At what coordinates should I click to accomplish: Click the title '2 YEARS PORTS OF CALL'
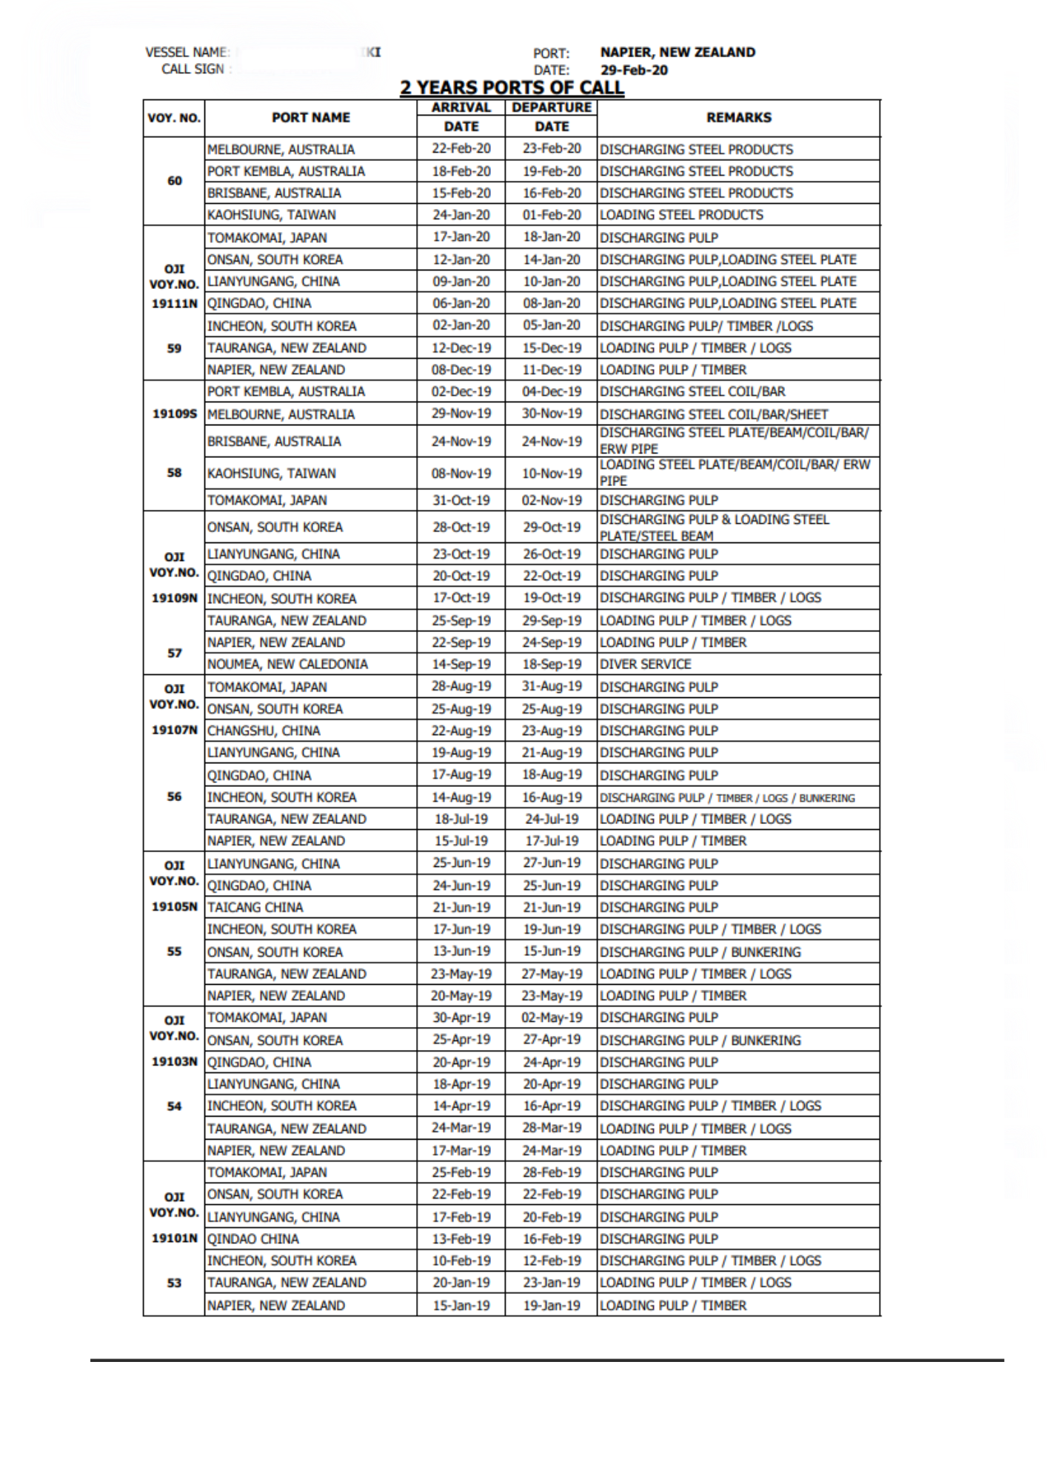[512, 87]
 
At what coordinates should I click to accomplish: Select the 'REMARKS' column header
[738, 118]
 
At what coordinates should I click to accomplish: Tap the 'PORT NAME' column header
[310, 118]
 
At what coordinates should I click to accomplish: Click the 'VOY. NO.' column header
[174, 118]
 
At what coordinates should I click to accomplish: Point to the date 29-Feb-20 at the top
[634, 70]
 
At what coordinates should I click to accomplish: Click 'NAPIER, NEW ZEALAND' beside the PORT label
[678, 53]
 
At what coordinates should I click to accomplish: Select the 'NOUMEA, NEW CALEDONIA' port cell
[287, 664]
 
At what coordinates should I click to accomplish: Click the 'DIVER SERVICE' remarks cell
[645, 664]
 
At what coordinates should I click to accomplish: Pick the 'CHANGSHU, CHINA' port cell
[264, 731]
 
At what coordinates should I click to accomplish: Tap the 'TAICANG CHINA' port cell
[255, 907]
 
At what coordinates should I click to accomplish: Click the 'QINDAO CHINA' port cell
[253, 1238]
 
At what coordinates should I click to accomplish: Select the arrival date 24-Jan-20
[461, 215]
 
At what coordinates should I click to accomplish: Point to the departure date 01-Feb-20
[551, 215]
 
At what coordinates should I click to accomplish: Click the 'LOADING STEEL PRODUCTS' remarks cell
[681, 215]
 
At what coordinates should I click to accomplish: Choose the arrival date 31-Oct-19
[461, 500]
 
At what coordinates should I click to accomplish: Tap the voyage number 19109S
[174, 413]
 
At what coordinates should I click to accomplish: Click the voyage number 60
[174, 181]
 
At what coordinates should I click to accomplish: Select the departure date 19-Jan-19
[551, 1306]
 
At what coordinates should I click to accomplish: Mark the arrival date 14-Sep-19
[461, 664]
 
